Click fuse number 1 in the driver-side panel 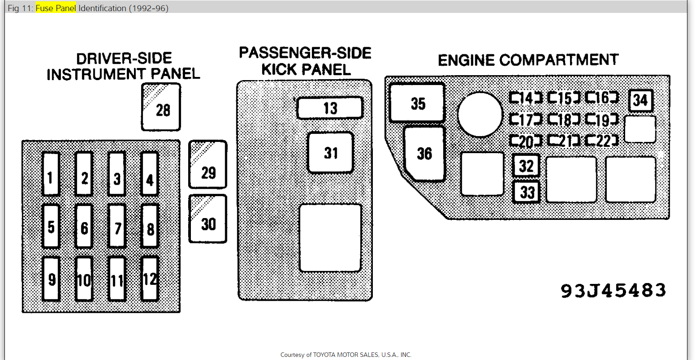click(51, 174)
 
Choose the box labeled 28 click(161, 107)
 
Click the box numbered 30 click(208, 219)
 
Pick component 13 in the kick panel click(330, 108)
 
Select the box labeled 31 click(331, 153)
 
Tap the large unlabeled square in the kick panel click(330, 238)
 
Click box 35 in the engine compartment click(417, 102)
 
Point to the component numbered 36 click(424, 154)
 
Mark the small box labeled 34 click(640, 101)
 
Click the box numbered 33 click(526, 192)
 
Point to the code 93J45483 click(613, 290)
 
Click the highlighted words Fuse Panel click(56, 8)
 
